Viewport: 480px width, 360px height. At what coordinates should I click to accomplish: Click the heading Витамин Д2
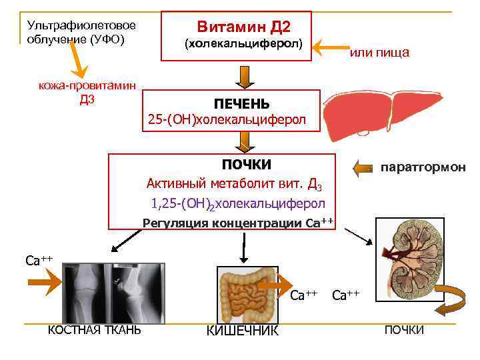(243, 27)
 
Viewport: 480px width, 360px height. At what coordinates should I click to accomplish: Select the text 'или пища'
(380, 53)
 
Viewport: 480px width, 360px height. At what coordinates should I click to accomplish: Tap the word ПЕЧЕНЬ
(241, 104)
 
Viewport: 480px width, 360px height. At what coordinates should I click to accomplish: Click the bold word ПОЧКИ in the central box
(246, 164)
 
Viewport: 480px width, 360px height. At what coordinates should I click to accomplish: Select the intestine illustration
(247, 294)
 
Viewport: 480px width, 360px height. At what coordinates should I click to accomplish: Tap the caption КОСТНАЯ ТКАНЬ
(95, 329)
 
